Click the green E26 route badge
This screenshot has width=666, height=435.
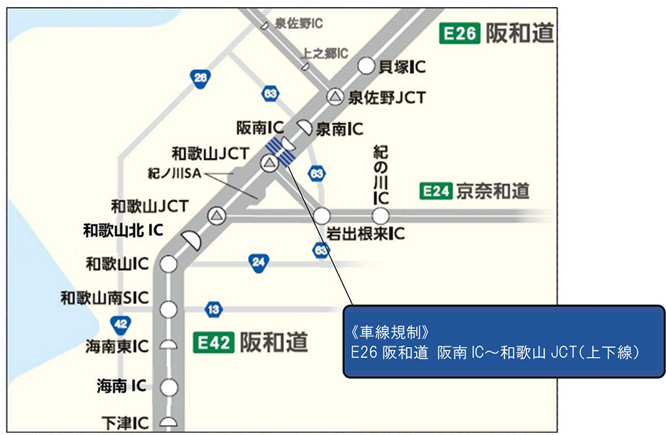click(460, 33)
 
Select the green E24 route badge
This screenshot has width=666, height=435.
click(436, 191)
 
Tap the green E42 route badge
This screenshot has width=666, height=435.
click(213, 343)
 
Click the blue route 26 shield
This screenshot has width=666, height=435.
click(201, 79)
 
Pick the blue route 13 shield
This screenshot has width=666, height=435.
click(213, 310)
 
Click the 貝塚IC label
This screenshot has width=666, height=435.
click(402, 67)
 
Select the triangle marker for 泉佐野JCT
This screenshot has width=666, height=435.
click(335, 97)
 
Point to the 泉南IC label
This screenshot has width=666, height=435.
click(339, 129)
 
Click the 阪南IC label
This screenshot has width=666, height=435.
click(259, 128)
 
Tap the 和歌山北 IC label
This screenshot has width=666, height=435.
click(123, 230)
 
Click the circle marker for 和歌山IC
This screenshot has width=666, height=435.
click(168, 264)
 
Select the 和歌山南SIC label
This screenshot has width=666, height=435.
click(105, 298)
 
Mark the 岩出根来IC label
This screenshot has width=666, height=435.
click(366, 233)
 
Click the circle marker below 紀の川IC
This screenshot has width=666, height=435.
click(381, 215)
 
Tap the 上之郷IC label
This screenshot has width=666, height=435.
click(324, 53)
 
